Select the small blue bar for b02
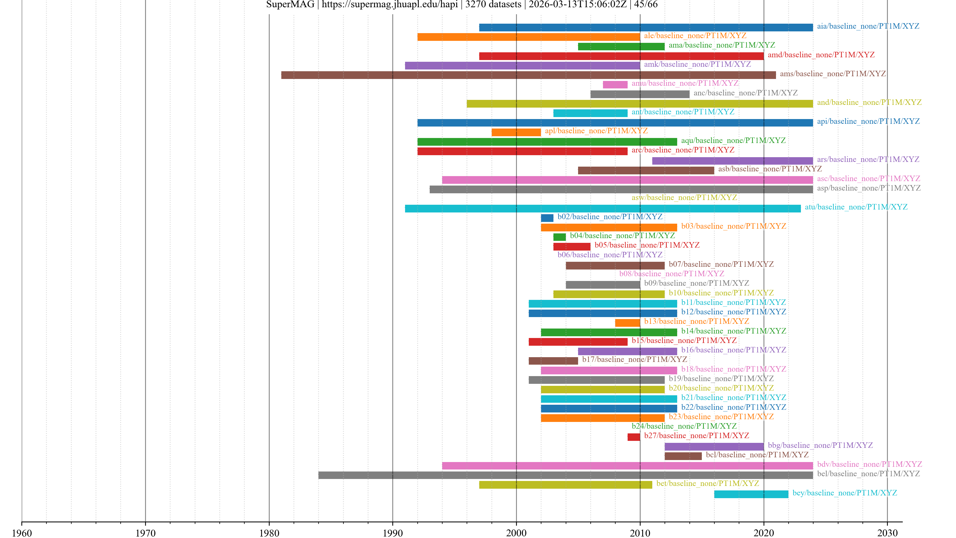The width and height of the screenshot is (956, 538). (547, 218)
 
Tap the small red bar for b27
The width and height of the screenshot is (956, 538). (634, 437)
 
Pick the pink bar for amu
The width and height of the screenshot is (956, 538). (615, 85)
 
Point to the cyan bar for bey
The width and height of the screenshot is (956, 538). (751, 494)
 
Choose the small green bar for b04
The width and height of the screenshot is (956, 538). (559, 237)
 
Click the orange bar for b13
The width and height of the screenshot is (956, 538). (627, 323)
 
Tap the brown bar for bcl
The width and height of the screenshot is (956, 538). (683, 456)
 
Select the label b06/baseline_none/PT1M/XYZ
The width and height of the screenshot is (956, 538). (610, 255)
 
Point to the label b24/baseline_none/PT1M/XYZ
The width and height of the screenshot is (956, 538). (684, 426)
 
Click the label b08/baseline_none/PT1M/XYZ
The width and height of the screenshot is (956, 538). (671, 274)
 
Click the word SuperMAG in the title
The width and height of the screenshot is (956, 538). (290, 4)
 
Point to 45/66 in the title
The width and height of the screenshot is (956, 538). (646, 4)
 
